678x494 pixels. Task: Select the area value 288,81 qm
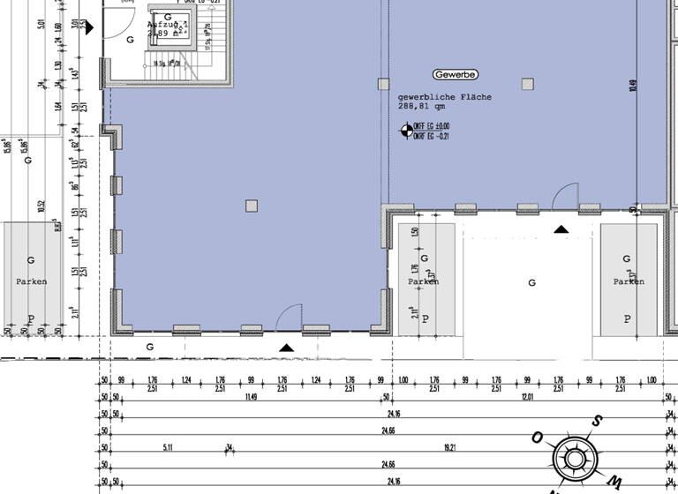[x=422, y=107]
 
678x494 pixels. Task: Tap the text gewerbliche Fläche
[x=444, y=97]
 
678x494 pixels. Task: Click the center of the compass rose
[x=574, y=458]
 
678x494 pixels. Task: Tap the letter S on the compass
[x=597, y=421]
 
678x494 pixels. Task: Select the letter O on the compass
[x=536, y=438]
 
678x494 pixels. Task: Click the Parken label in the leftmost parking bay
[x=31, y=281]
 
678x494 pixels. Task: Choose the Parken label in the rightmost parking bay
[x=629, y=281]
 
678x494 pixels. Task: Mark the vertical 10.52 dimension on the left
[x=41, y=207]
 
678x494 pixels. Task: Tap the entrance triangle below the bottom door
[x=285, y=348]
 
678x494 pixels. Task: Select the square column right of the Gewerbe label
[x=527, y=85]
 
